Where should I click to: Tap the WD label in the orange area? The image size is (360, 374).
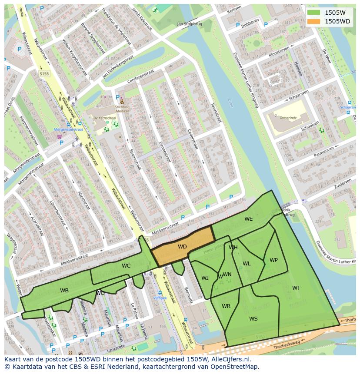click(182, 247)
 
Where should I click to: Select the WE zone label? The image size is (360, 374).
click(248, 219)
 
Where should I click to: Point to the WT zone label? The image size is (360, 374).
click(296, 288)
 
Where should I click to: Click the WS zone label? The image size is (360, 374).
click(253, 319)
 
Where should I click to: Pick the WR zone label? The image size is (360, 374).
click(226, 306)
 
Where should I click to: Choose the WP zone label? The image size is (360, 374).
click(273, 260)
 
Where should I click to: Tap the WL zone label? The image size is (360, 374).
click(247, 264)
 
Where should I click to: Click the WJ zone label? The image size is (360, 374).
click(205, 278)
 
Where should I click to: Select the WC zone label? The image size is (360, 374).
click(126, 266)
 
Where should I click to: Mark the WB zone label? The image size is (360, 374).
click(64, 291)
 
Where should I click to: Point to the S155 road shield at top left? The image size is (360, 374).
click(44, 74)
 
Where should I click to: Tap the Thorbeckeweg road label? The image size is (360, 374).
click(287, 348)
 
